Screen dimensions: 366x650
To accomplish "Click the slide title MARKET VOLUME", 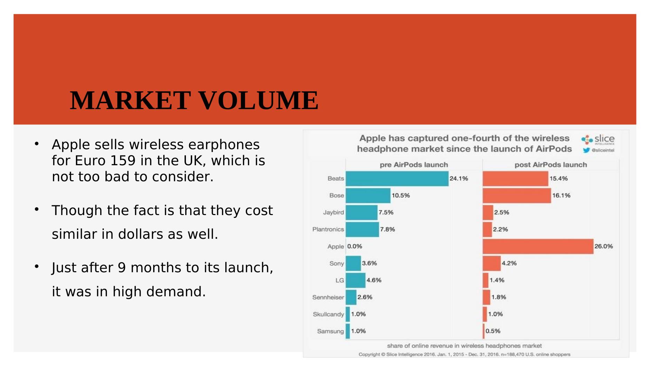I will (194, 100).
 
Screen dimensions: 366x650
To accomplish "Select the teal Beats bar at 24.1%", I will (397, 178).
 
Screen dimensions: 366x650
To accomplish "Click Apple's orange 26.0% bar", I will (538, 246).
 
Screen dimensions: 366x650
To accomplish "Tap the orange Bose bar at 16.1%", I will (517, 196).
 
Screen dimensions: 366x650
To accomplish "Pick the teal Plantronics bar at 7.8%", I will (362, 229).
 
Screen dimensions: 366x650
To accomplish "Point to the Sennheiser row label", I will (328, 297).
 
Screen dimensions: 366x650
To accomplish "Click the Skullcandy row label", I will (328, 314).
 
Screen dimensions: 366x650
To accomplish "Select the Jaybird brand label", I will (333, 212).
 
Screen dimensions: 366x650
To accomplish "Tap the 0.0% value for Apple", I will (354, 246).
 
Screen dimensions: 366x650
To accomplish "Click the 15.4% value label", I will (558, 178).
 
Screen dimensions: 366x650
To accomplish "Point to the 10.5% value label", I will (401, 196).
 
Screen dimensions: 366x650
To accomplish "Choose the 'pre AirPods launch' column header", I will (414, 165).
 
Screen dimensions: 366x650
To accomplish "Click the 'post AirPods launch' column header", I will (550, 165).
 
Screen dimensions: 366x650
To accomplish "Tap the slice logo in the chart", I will (598, 139).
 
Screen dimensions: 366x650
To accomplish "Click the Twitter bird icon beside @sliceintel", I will (586, 150).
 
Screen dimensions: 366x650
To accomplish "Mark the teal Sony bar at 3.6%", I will (353, 264).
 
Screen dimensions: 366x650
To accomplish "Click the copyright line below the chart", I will (464, 354).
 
